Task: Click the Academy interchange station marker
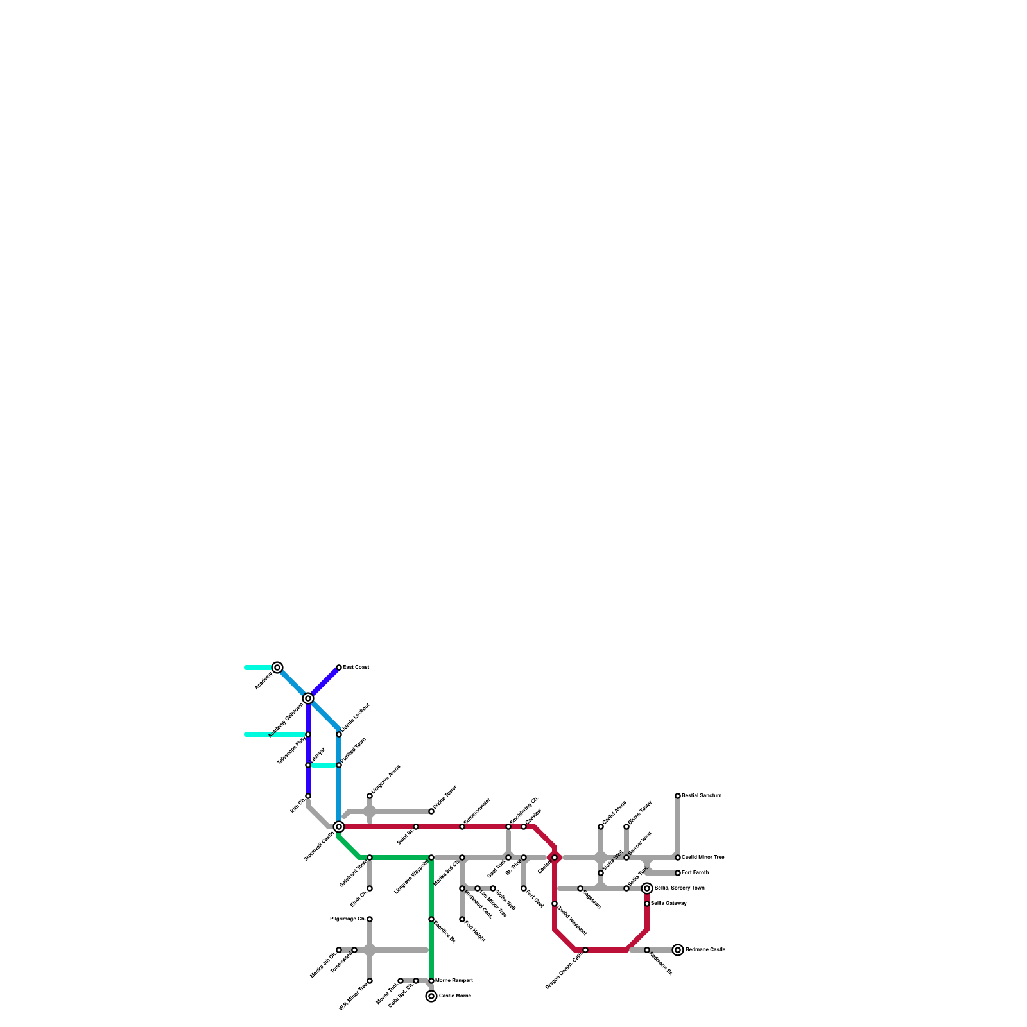277,668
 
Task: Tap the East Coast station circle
339,668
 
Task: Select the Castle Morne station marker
431,996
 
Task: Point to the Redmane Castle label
705,949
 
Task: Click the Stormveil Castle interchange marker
339,827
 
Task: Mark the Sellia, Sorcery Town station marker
647,888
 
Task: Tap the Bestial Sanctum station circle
678,796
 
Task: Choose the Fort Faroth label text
695,873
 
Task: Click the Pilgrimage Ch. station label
347,919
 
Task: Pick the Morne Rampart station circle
431,981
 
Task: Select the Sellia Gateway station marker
647,904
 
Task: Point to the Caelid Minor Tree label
703,858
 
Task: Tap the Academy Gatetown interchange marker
308,698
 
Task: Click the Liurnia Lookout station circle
339,734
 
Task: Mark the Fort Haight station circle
462,919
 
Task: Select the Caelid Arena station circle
601,827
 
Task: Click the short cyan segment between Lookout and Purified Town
324,765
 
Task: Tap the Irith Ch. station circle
308,796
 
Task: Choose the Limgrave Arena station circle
370,796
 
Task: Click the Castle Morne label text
455,996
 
